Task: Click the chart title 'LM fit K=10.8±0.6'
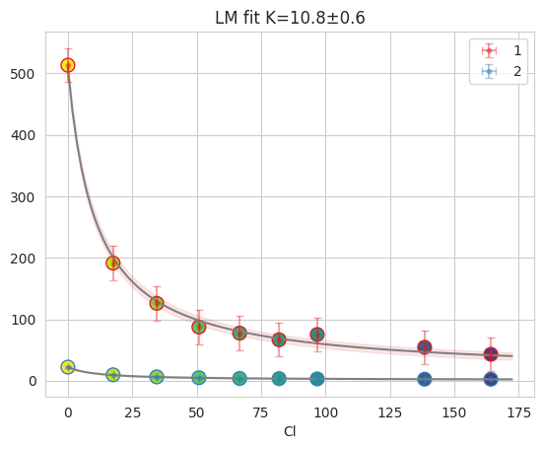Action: point(290,18)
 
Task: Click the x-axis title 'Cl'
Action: point(290,431)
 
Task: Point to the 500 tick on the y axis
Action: point(23,74)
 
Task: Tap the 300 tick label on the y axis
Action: point(23,197)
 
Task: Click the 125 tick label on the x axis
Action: point(390,412)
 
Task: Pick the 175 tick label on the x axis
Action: point(518,412)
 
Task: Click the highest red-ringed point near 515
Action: point(68,65)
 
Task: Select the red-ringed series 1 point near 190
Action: point(112,263)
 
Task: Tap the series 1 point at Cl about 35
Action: point(157,303)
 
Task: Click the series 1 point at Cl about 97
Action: point(317,335)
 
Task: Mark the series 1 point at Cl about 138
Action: point(425,347)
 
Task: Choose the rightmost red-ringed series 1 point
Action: point(491,354)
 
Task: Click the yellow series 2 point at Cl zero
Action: point(68,367)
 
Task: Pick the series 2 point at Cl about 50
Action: point(198,378)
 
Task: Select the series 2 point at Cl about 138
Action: point(425,379)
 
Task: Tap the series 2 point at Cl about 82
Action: point(279,379)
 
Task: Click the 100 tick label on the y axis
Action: point(23,320)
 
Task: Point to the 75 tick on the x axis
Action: point(261,412)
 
